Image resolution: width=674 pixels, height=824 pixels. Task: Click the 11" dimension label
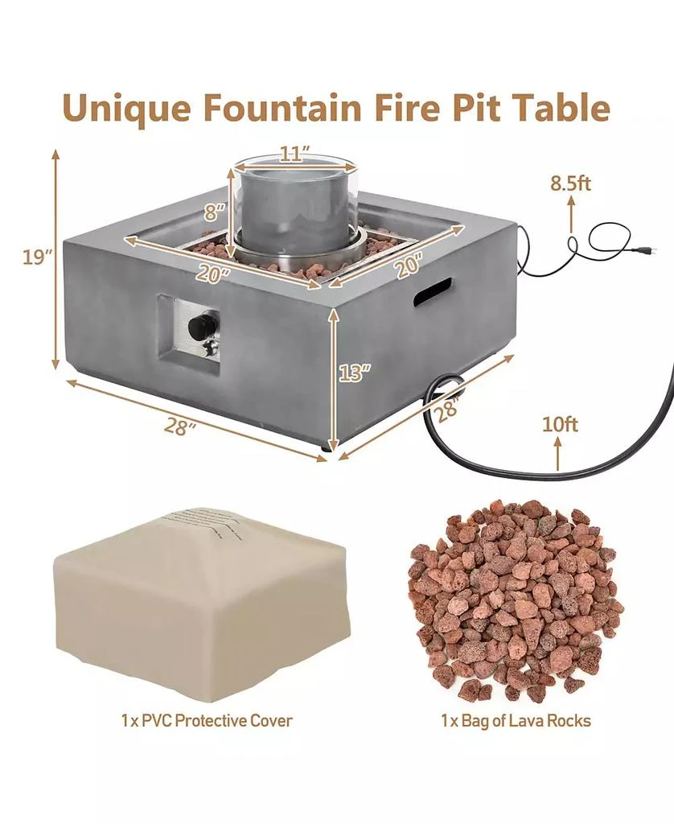[295, 153]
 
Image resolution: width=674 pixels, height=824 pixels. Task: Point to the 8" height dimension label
[212, 213]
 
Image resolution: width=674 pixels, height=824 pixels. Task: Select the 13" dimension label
[355, 372]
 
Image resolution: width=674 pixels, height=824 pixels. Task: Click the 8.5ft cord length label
[570, 183]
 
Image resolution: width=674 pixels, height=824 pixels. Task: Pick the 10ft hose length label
[560, 424]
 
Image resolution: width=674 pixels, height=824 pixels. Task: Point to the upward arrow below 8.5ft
[571, 215]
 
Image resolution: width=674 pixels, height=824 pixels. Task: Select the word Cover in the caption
[269, 720]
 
